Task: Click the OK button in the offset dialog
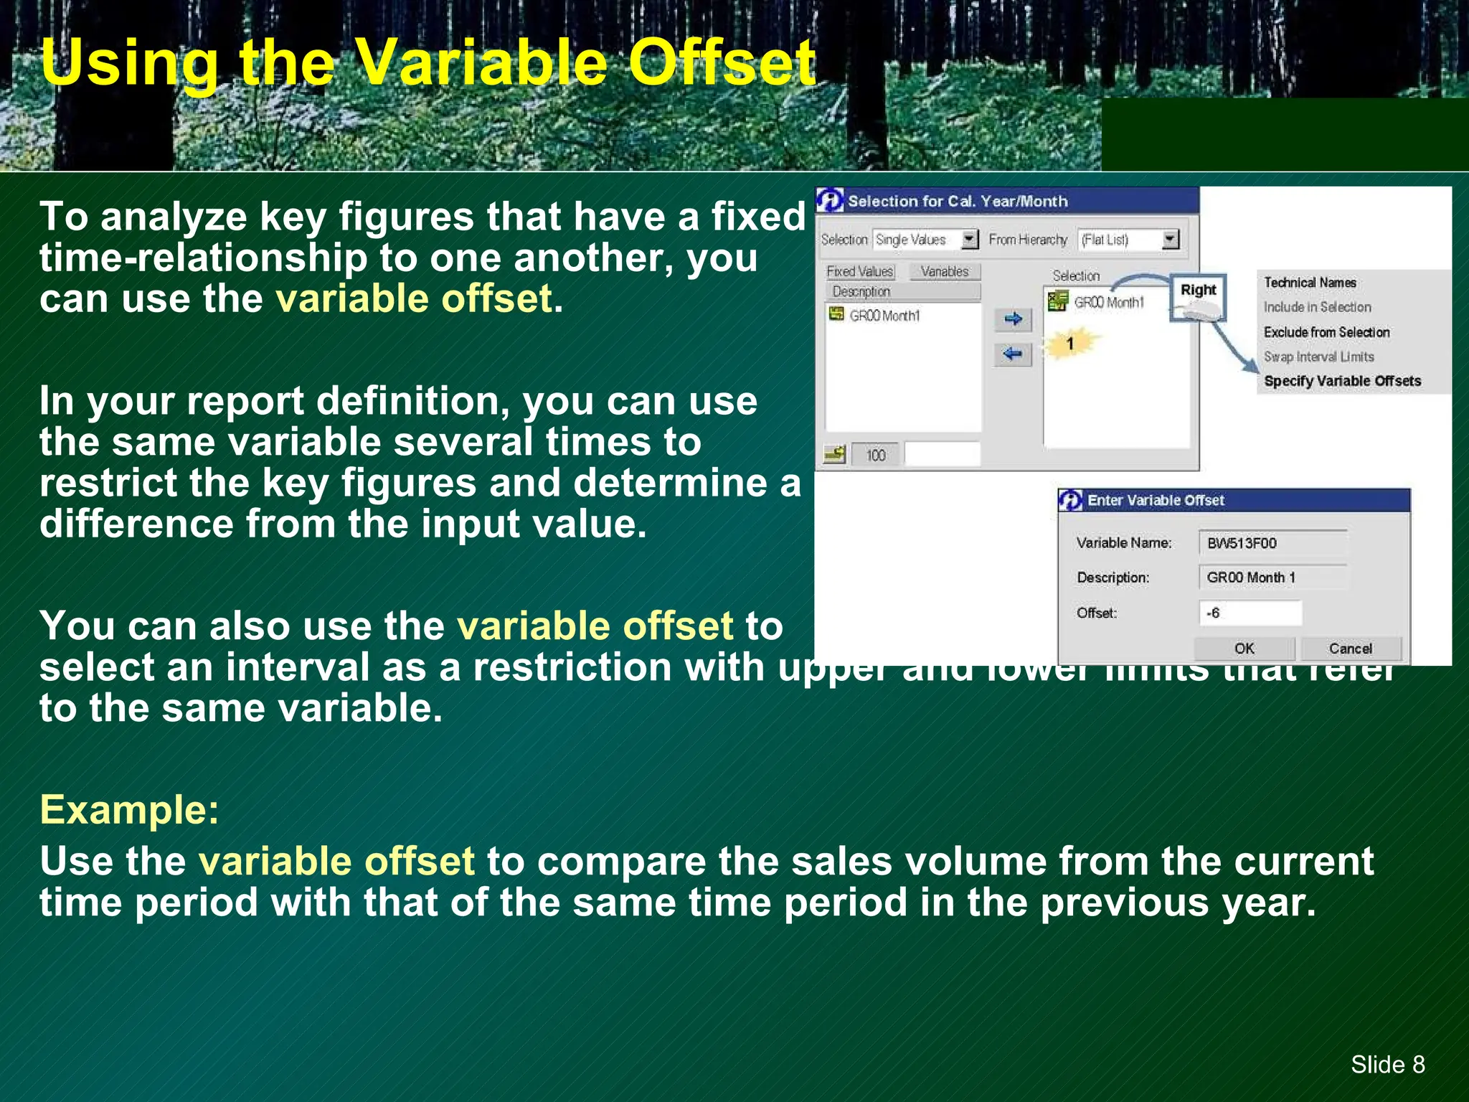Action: pos(1244,649)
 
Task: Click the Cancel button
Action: pos(1350,649)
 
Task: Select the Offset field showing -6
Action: pos(1250,613)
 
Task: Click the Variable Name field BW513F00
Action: pos(1272,543)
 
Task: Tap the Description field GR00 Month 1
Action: pos(1272,578)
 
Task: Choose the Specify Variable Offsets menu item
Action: pos(1342,381)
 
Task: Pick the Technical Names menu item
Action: pos(1310,283)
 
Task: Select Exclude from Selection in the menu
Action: pos(1326,332)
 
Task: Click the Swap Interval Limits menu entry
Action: pos(1318,357)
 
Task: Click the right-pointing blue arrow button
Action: pos(1013,319)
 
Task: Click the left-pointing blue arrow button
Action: pos(1013,354)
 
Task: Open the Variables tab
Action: pos(944,272)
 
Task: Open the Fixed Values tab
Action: pos(859,272)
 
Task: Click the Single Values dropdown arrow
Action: pos(969,240)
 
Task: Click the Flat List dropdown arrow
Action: pos(1170,240)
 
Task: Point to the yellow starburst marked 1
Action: pos(1069,344)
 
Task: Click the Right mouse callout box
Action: pos(1198,296)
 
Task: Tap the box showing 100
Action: pos(875,455)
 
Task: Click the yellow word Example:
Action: pos(129,810)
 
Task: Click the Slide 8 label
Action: pos(1387,1064)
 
